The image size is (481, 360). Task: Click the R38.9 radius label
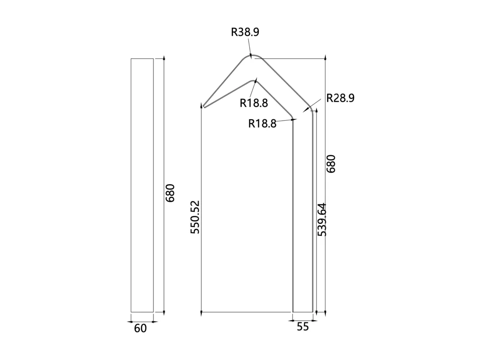(x=245, y=32)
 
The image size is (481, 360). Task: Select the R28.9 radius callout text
(x=340, y=98)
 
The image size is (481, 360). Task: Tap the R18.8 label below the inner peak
(x=254, y=103)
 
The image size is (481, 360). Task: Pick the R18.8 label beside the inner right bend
(x=262, y=124)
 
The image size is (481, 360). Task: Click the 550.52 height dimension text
(x=195, y=217)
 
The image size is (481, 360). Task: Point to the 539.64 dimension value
(x=321, y=219)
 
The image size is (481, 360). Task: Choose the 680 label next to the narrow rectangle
(x=170, y=193)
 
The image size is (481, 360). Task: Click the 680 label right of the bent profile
(x=331, y=164)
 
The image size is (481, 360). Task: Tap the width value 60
(x=140, y=329)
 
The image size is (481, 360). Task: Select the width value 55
(x=303, y=327)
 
